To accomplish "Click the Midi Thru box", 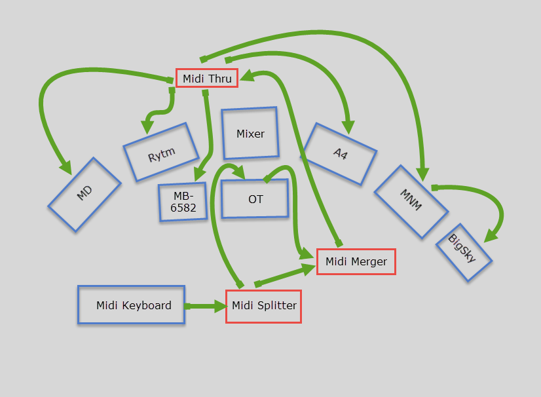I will (206, 79).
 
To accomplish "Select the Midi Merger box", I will (356, 261).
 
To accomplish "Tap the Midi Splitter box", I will (263, 305).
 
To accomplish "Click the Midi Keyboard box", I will (131, 305).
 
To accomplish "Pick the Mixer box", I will (250, 134).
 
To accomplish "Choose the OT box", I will (255, 198).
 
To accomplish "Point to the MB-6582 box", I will (183, 202).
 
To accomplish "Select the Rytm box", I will (160, 151).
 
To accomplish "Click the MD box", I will (84, 194).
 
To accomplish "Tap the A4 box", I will (339, 154).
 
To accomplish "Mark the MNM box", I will (411, 201).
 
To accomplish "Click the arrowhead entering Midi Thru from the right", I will (245, 77).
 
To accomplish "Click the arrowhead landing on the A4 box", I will (348, 126).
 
